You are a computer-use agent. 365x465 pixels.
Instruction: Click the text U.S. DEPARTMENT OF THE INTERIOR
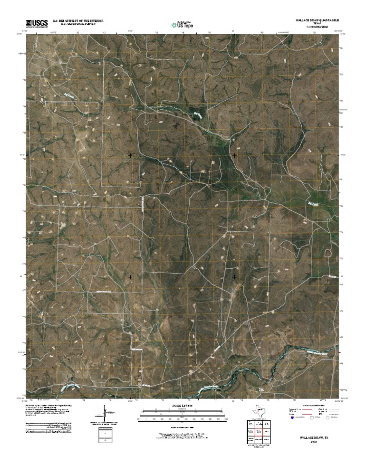point(78,21)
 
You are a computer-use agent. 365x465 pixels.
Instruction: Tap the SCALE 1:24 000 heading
point(182,406)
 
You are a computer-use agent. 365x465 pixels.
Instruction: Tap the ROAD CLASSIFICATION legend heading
point(313,405)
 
